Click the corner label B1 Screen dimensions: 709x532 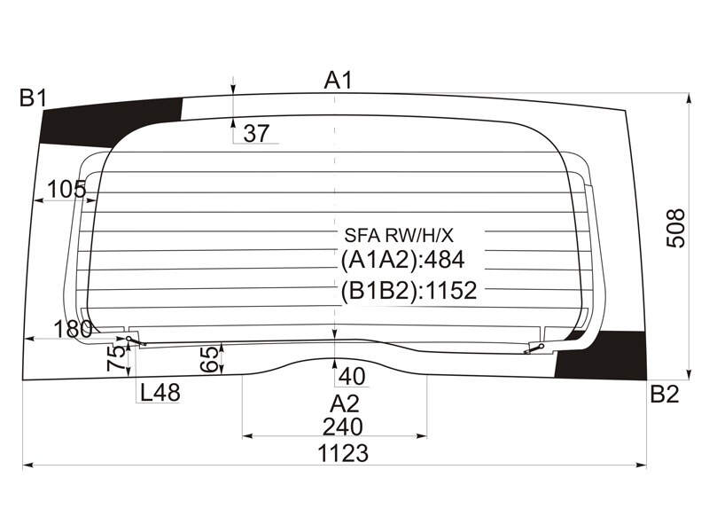tap(34, 98)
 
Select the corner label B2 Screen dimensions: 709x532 tap(664, 395)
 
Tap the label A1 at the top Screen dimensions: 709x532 tap(338, 82)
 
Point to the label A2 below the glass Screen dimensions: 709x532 tap(344, 404)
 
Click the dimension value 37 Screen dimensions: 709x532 tap(256, 134)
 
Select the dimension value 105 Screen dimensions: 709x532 tap(66, 189)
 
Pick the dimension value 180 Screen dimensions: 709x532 tap(73, 329)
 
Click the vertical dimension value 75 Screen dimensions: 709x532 tap(116, 357)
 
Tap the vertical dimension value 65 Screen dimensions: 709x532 tap(209, 359)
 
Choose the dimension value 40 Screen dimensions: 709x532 tap(352, 376)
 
